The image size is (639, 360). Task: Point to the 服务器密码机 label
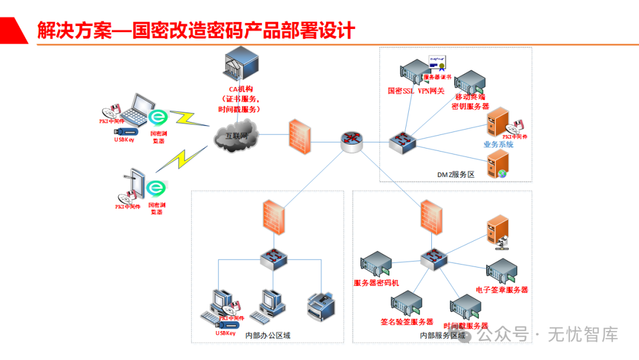tap(376, 283)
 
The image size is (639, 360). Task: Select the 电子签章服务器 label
tap(502, 290)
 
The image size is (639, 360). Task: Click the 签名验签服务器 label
tap(407, 322)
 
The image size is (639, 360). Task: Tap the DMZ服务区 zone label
tap(456, 175)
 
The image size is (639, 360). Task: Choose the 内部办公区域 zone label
tap(268, 336)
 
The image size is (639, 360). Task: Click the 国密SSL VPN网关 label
tap(416, 91)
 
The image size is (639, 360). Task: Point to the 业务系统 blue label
tap(498, 144)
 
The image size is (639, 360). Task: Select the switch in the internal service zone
tap(435, 258)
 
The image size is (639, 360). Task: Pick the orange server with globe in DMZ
tap(498, 164)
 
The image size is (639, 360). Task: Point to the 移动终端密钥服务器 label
tap(470, 101)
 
